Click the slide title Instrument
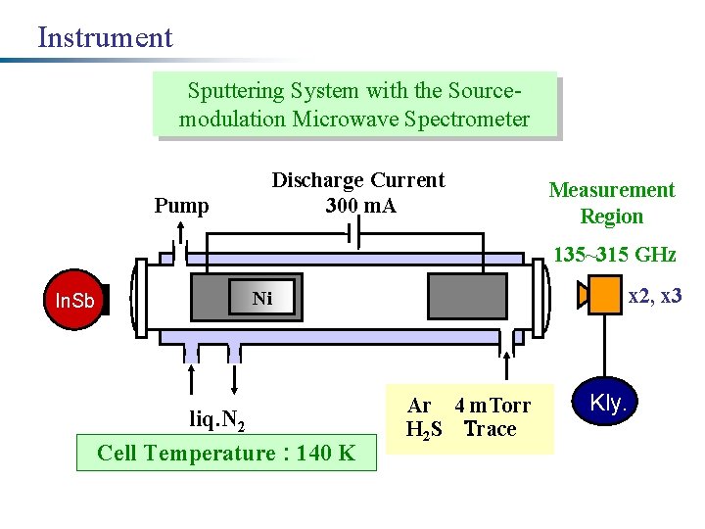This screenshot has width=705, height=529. [105, 38]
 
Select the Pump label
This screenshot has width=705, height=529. [182, 206]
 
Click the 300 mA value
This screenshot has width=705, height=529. [360, 206]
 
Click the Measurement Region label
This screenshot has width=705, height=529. [611, 203]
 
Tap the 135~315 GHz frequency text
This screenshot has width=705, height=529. [614, 256]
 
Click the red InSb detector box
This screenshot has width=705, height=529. [74, 300]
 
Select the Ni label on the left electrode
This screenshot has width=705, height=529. [262, 299]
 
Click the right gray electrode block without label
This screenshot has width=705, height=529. [467, 296]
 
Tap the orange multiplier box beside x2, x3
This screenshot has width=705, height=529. [601, 295]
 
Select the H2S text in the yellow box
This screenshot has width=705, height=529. [425, 429]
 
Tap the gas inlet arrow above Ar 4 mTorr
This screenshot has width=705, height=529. [506, 363]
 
